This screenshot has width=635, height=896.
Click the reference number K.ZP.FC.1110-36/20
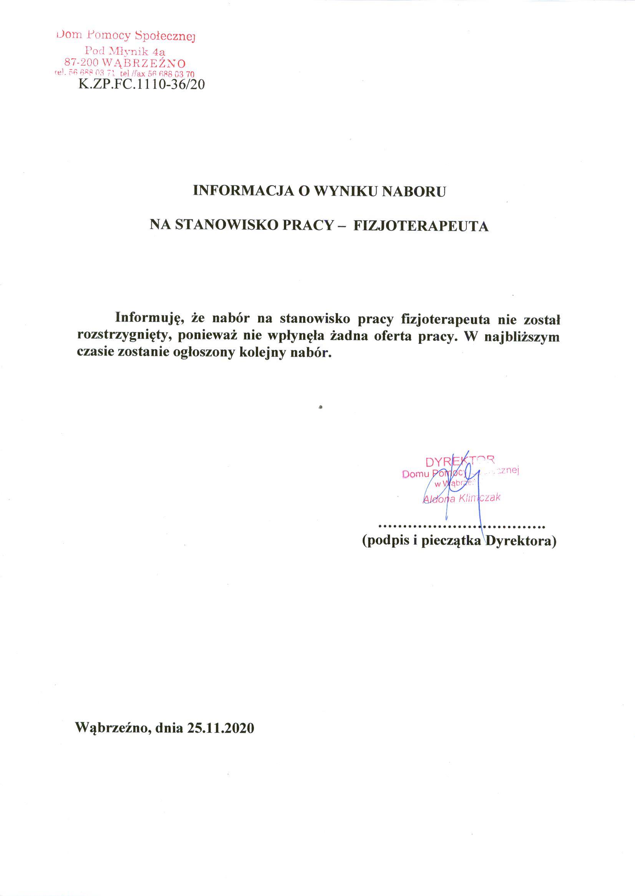click(141, 85)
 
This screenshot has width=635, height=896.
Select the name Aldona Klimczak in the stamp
click(462, 499)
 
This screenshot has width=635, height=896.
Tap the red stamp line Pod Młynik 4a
click(125, 51)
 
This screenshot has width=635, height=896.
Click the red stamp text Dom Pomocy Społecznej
click(126, 36)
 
